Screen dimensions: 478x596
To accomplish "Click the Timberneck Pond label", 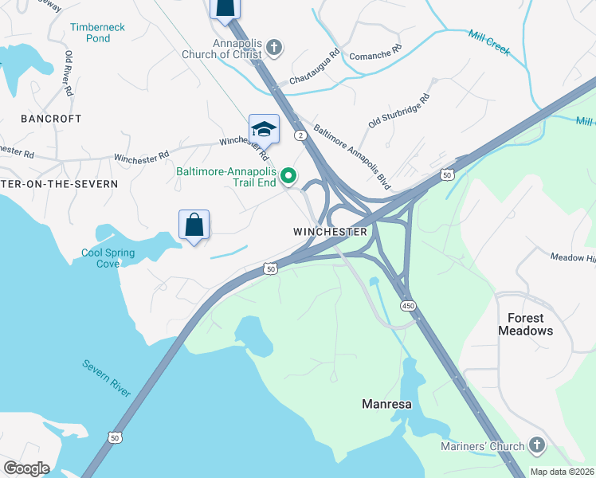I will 97,32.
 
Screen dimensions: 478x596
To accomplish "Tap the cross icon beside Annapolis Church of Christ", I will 273,49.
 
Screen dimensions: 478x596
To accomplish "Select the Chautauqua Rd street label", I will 314,68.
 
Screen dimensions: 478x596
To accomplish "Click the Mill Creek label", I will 488,43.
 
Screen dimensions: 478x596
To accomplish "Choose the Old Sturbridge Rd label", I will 398,112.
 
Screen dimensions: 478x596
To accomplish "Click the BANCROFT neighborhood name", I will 52,119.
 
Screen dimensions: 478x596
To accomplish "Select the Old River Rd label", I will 69,73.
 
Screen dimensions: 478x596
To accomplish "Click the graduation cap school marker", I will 264,129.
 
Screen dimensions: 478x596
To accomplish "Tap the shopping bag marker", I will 194,225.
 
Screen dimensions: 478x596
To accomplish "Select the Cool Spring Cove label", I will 108,259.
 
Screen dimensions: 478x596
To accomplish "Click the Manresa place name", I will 386,404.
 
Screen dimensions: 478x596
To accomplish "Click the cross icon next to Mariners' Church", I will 537,446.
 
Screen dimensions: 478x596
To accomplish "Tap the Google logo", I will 27,468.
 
